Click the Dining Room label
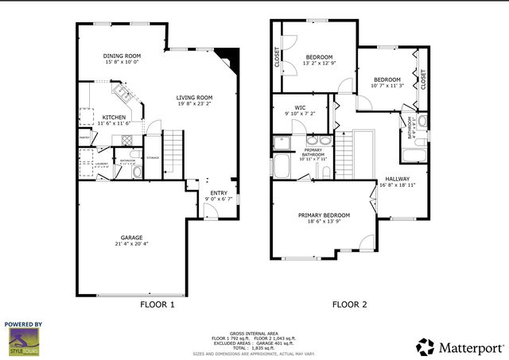122,56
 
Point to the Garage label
131,237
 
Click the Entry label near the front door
218,192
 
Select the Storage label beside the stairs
153,157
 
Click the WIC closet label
300,107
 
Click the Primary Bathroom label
312,151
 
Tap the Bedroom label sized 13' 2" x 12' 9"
319,57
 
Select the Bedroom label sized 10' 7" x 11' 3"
387,79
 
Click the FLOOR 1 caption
157,304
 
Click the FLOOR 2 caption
349,304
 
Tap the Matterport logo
460,346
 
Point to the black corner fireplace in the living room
231,57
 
